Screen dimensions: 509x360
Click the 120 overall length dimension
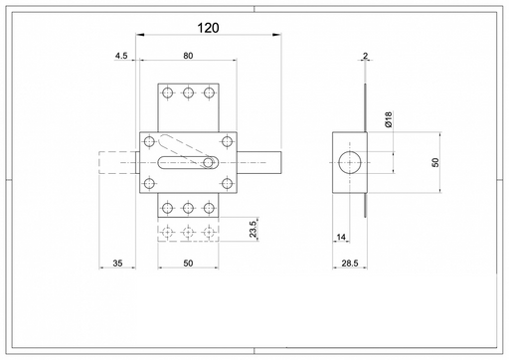(208, 28)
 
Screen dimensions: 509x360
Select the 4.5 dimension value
(121, 56)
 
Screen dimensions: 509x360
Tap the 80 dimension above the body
(188, 56)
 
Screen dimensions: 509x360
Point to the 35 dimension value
(117, 264)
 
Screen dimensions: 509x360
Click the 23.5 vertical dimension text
(254, 229)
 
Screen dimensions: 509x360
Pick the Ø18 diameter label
(388, 119)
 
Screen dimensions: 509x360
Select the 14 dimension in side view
(341, 237)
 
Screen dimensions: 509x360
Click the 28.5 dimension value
(350, 264)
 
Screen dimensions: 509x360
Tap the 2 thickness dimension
(365, 56)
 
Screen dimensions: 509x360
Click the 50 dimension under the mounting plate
(188, 264)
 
